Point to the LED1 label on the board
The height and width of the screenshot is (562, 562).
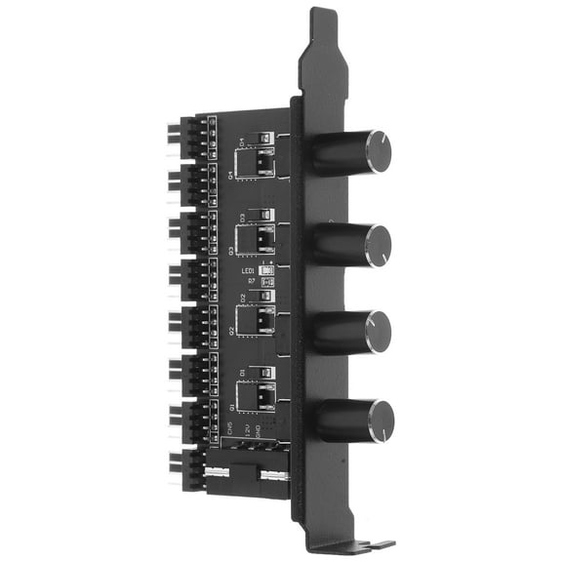tap(249, 270)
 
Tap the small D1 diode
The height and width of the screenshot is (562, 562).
tap(259, 372)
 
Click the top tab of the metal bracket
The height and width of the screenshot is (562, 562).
tap(322, 29)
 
